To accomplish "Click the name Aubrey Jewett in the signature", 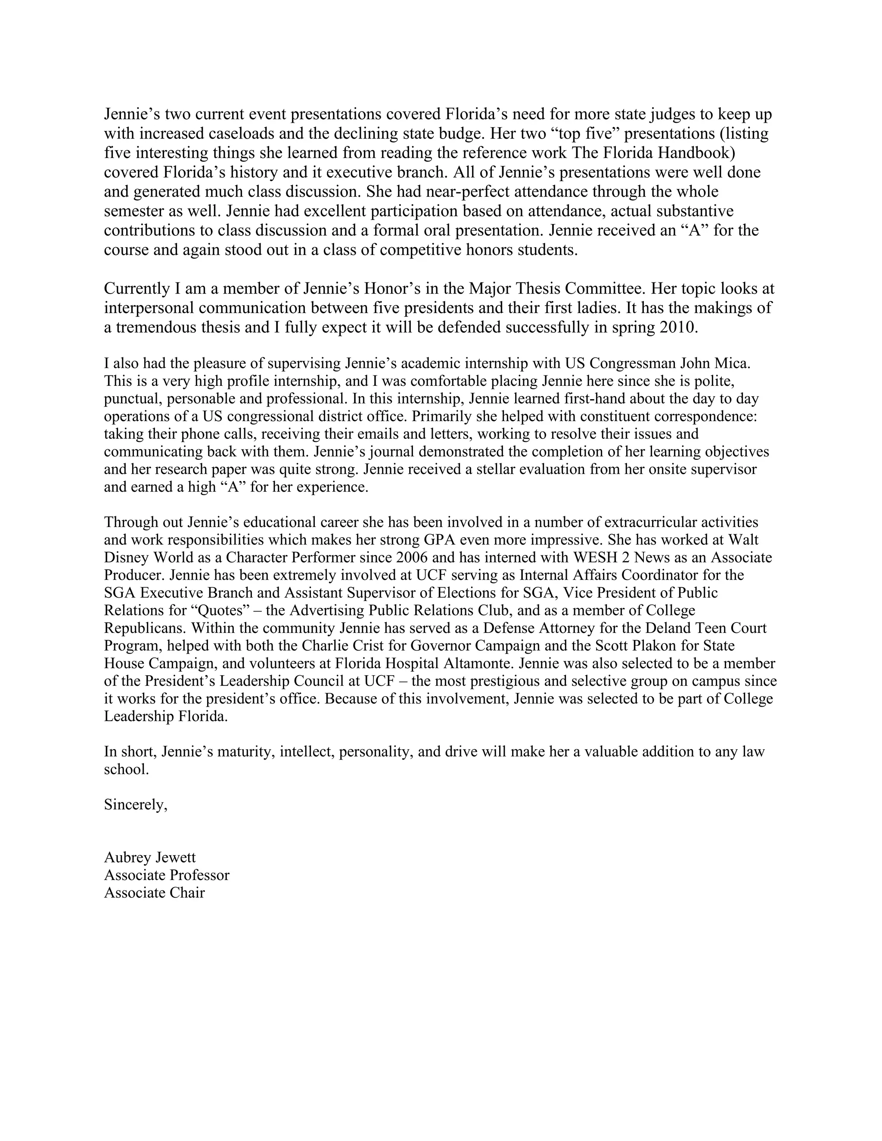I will click(x=150, y=857).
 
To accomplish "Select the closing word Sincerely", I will click(x=135, y=805).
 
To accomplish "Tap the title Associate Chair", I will click(x=154, y=892).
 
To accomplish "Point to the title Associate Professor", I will click(x=167, y=875).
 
